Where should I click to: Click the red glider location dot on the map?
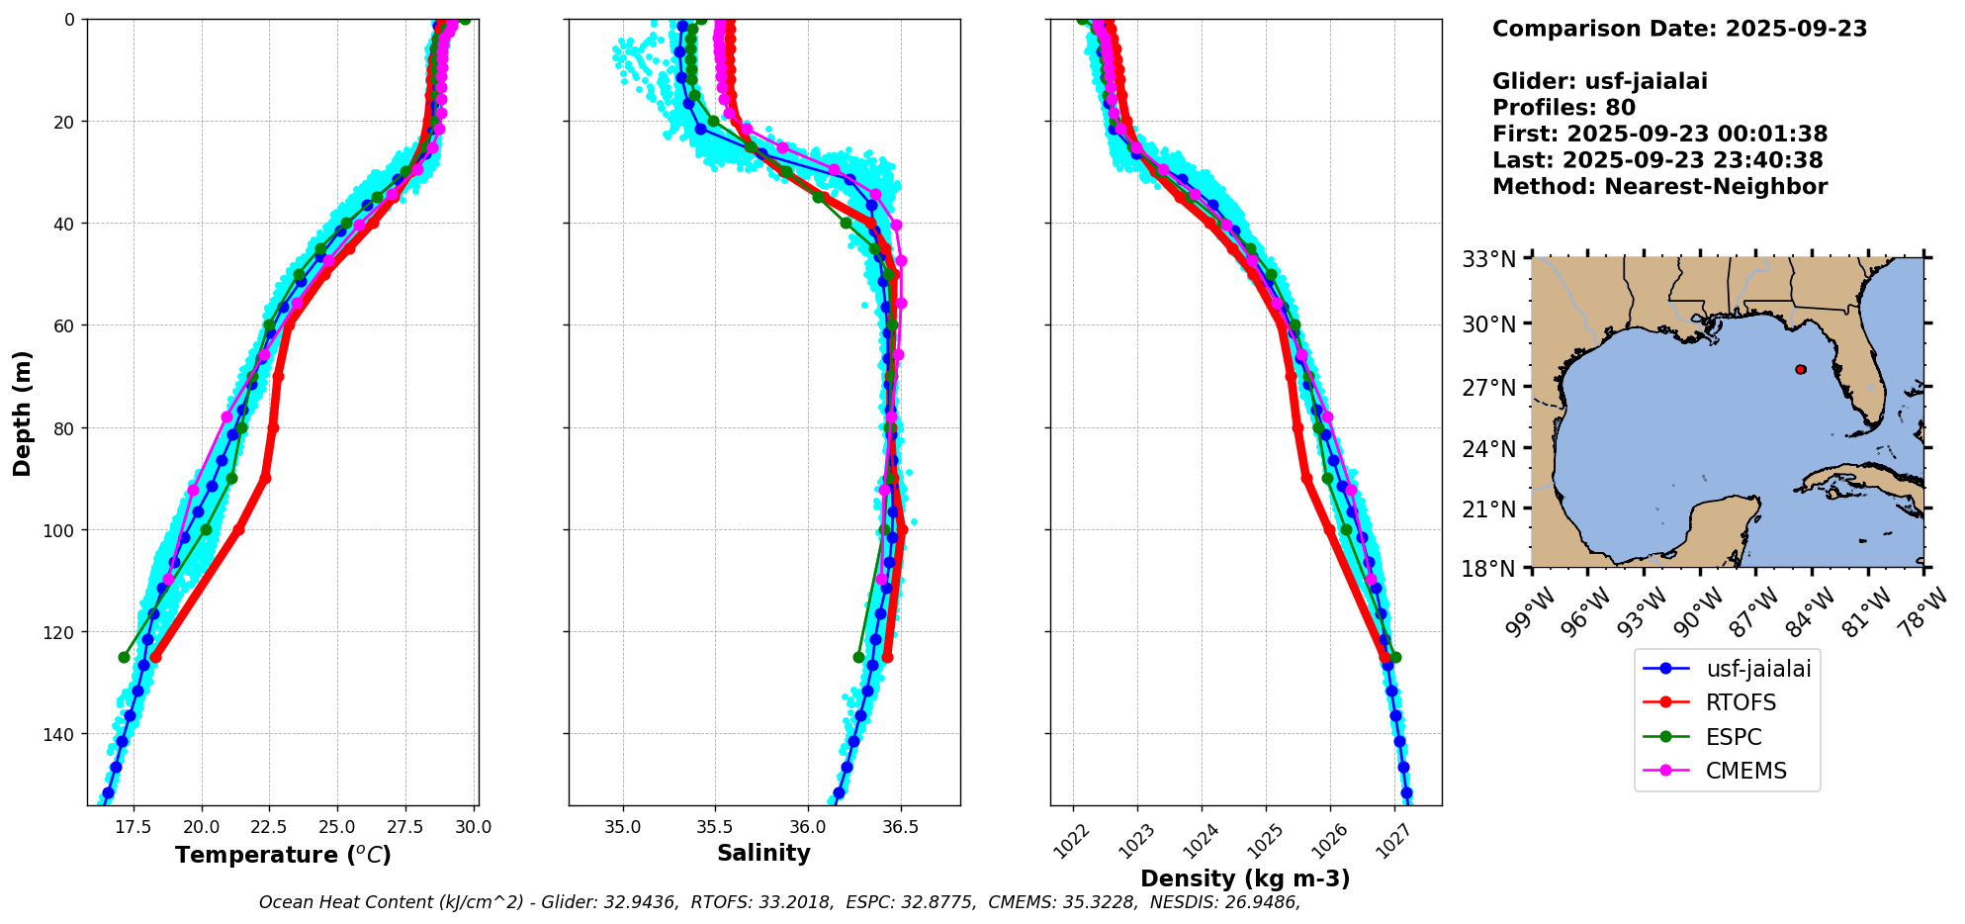click(x=1800, y=369)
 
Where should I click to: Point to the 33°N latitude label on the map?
click(x=1489, y=259)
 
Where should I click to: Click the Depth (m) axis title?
click(x=23, y=413)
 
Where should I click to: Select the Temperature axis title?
click(x=283, y=855)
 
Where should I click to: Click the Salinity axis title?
click(x=763, y=853)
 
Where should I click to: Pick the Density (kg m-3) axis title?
click(x=1245, y=878)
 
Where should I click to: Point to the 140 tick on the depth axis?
click(x=60, y=734)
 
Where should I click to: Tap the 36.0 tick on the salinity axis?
click(x=807, y=827)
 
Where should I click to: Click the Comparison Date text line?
click(x=1679, y=29)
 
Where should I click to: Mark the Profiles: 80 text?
click(x=1563, y=108)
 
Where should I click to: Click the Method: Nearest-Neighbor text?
click(x=1659, y=187)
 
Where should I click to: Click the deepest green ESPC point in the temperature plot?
click(x=124, y=657)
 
